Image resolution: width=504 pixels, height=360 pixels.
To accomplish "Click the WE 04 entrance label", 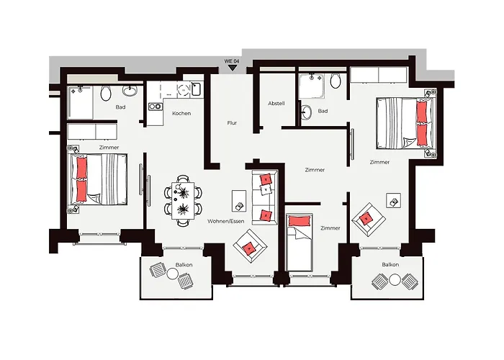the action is click(x=231, y=61).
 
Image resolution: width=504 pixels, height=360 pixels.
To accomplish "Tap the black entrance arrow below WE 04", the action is click(x=232, y=68).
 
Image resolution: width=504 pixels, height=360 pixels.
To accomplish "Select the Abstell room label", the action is click(x=276, y=104).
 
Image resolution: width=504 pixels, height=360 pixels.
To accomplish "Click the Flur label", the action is click(x=232, y=123).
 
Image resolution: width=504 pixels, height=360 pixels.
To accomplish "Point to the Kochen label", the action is click(x=181, y=114).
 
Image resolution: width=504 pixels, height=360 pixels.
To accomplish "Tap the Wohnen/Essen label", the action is click(x=226, y=221).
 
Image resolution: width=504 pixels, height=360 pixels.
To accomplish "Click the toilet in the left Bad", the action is click(x=106, y=93).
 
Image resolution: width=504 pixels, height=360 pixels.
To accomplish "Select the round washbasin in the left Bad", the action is click(x=130, y=90).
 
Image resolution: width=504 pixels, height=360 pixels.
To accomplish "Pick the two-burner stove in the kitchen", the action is click(x=155, y=107).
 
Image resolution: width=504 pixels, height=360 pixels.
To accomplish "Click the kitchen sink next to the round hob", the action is click(x=197, y=89).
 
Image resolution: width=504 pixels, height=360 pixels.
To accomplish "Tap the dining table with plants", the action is click(x=183, y=201).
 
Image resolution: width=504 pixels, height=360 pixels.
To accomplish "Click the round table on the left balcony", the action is click(x=173, y=274).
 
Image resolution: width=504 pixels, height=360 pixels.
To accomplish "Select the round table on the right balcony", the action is click(x=395, y=280).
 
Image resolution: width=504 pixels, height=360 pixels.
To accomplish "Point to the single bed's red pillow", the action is click(x=300, y=221).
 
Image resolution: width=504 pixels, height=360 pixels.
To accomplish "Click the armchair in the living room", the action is click(x=250, y=246).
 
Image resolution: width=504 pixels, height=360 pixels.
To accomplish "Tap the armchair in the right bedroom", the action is click(x=369, y=220).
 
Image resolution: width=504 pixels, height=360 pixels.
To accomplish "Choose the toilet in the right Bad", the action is click(x=336, y=81).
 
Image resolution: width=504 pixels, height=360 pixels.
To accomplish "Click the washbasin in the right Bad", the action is click(x=307, y=112).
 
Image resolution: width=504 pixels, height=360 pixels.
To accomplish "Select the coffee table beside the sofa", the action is click(x=239, y=201).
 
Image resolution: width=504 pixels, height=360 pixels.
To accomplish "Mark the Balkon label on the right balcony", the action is click(x=390, y=264).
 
